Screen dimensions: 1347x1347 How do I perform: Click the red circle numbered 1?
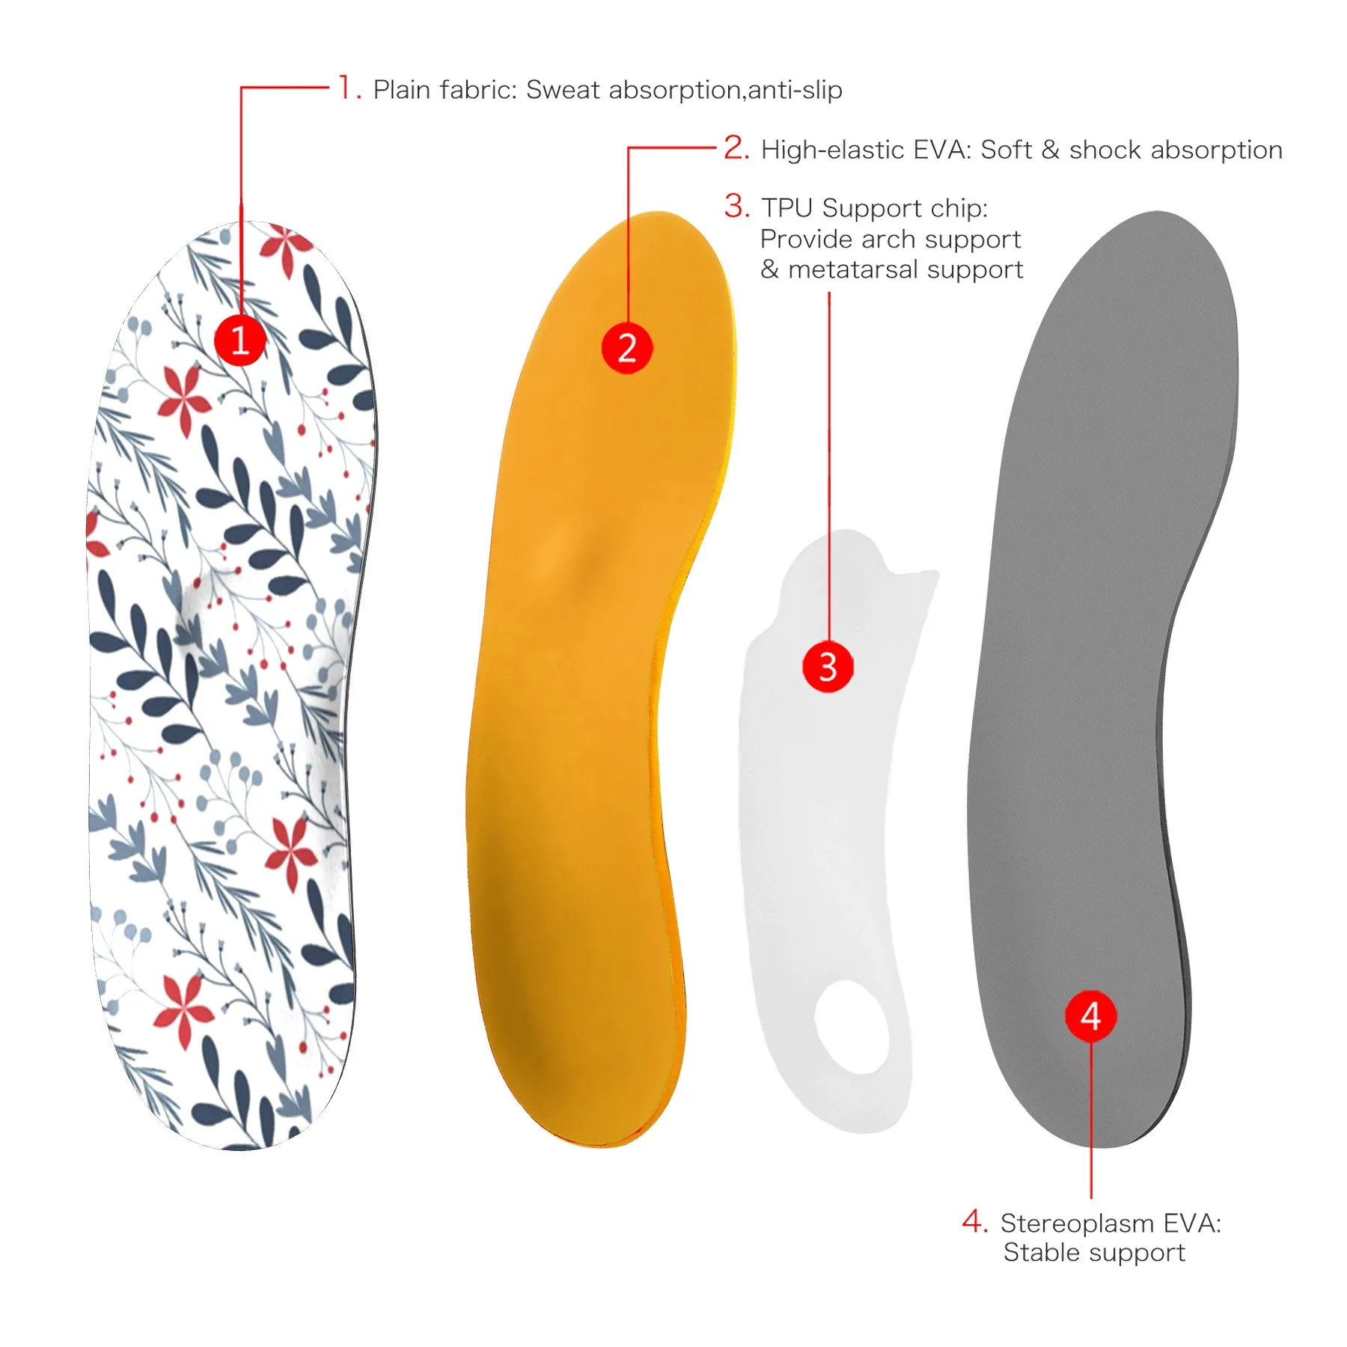[x=240, y=340]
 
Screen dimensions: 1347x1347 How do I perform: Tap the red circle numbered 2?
[x=627, y=348]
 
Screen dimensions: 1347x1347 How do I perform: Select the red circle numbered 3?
[x=828, y=666]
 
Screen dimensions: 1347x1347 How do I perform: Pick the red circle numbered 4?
[x=1090, y=1015]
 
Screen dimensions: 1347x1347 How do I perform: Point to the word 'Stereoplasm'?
[x=1078, y=1223]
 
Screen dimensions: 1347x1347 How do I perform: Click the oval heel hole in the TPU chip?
[x=851, y=1026]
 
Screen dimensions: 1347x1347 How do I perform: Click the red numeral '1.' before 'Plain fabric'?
[x=349, y=88]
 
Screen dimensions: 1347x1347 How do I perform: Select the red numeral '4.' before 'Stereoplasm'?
[x=975, y=1221]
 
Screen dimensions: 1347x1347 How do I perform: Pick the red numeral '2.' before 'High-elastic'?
[x=736, y=147]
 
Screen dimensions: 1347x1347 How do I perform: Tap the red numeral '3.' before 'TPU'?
[x=736, y=206]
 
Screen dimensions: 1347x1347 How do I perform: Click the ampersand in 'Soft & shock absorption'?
[x=1051, y=149]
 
